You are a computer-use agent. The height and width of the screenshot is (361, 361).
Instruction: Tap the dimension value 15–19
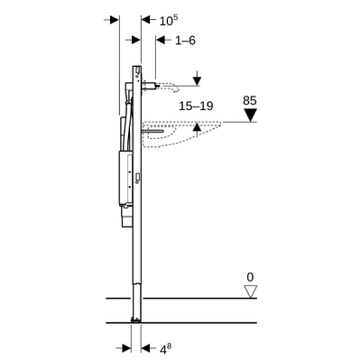click(x=195, y=106)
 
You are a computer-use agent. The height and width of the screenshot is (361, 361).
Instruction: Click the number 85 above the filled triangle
click(x=252, y=101)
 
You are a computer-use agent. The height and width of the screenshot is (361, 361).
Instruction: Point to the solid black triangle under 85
click(x=253, y=115)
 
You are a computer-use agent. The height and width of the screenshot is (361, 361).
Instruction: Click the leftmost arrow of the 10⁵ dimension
click(x=112, y=19)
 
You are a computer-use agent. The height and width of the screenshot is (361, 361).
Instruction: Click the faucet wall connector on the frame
click(x=150, y=87)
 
